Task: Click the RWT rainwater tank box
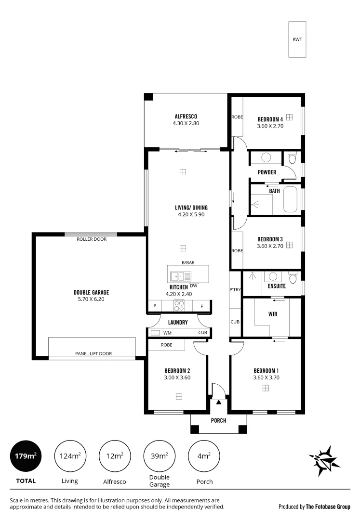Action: [x=297, y=39]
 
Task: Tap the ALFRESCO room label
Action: [x=186, y=117]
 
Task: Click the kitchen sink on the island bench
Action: [x=177, y=276]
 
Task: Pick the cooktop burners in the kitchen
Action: [x=179, y=305]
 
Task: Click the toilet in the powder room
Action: [x=292, y=158]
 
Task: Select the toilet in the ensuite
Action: [x=292, y=278]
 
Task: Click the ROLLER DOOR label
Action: [x=91, y=239]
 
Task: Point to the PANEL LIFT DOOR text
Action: [x=93, y=353]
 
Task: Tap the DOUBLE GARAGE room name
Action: [x=91, y=292]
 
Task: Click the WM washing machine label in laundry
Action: [x=167, y=333]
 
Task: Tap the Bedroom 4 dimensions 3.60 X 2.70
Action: [x=269, y=126]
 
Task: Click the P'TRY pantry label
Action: [x=235, y=289]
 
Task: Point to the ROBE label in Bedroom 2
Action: [x=166, y=345]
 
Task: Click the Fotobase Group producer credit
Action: [x=314, y=507]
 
